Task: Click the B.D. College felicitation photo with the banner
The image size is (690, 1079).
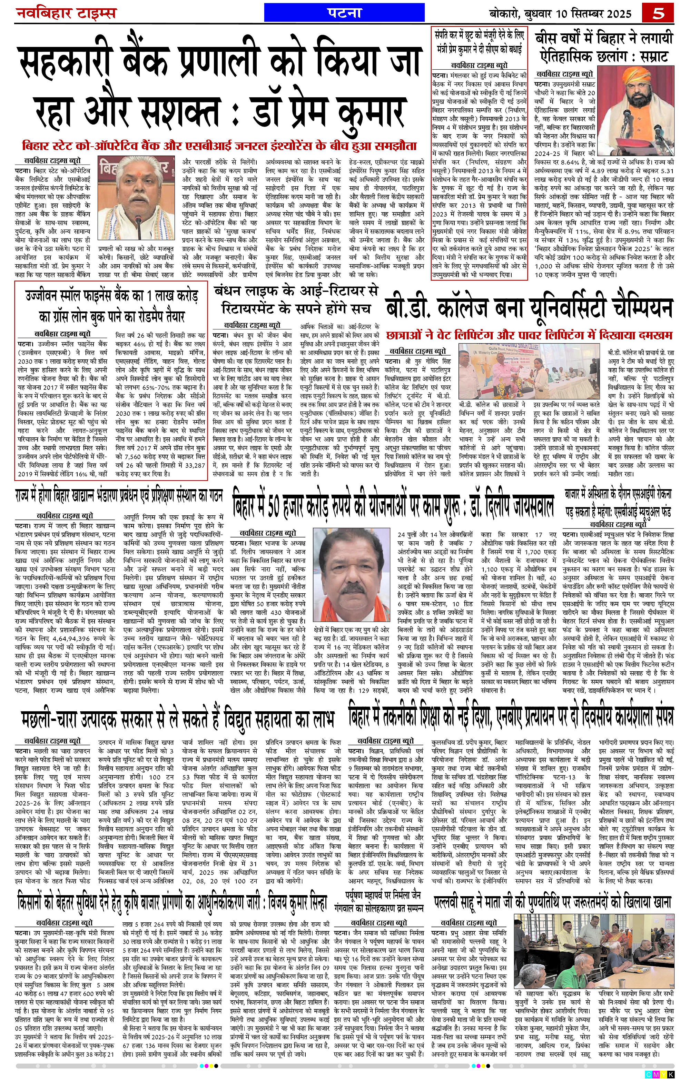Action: point(529,369)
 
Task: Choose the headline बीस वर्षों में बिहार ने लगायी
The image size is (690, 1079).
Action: point(604,39)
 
